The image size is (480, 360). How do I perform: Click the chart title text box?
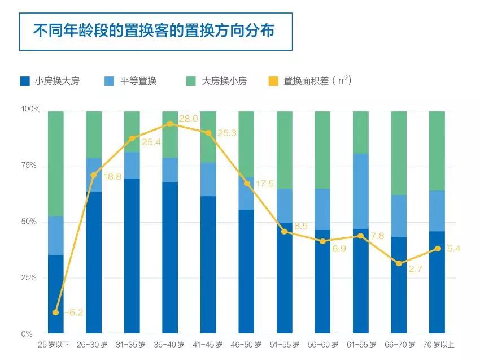(155, 31)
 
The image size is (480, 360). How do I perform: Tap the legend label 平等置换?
(138, 81)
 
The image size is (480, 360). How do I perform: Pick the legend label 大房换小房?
(224, 81)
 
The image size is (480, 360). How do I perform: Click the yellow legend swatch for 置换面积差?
(273, 81)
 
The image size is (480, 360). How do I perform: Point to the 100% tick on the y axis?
(30, 109)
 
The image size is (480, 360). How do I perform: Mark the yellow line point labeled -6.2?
(55, 313)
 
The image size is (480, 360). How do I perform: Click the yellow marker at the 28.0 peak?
(170, 124)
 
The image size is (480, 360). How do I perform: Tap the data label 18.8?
(112, 177)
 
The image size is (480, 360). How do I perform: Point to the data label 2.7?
(416, 270)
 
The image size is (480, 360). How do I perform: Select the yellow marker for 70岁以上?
(437, 249)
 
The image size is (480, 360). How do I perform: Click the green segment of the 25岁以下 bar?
(55, 164)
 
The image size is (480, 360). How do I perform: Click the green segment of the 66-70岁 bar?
(399, 153)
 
